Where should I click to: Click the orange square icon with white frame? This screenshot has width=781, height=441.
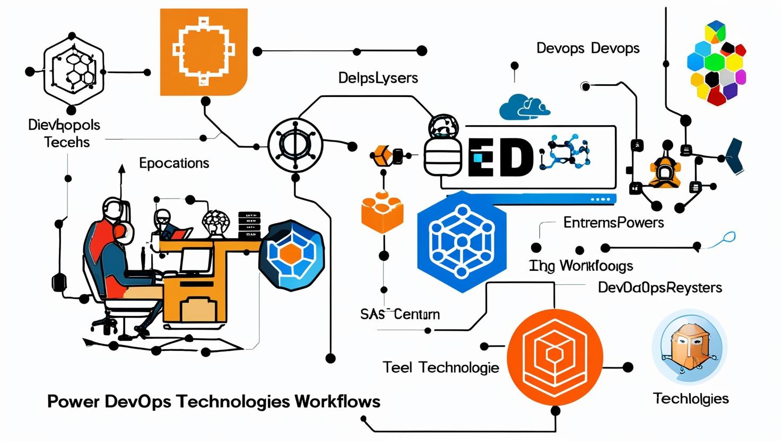204,51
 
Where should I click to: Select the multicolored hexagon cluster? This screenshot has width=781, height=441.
716,64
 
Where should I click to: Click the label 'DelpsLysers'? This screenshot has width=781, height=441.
378,78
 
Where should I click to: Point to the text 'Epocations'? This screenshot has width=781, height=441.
174,163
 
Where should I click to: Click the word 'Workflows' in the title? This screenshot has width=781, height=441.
337,401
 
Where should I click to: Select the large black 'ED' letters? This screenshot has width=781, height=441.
501,157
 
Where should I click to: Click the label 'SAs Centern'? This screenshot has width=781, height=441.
400,314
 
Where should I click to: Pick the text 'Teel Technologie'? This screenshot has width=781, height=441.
441,367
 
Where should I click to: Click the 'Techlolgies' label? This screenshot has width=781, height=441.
691,399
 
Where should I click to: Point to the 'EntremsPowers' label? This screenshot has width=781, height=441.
613,223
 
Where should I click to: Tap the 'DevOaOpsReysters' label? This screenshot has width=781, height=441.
659,288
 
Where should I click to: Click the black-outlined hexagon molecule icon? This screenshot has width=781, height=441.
73,72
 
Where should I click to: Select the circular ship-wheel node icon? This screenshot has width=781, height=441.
295,145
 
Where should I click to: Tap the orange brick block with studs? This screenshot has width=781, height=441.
382,212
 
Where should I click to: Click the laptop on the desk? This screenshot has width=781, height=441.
196,261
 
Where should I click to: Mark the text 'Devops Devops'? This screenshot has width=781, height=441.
588,48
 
